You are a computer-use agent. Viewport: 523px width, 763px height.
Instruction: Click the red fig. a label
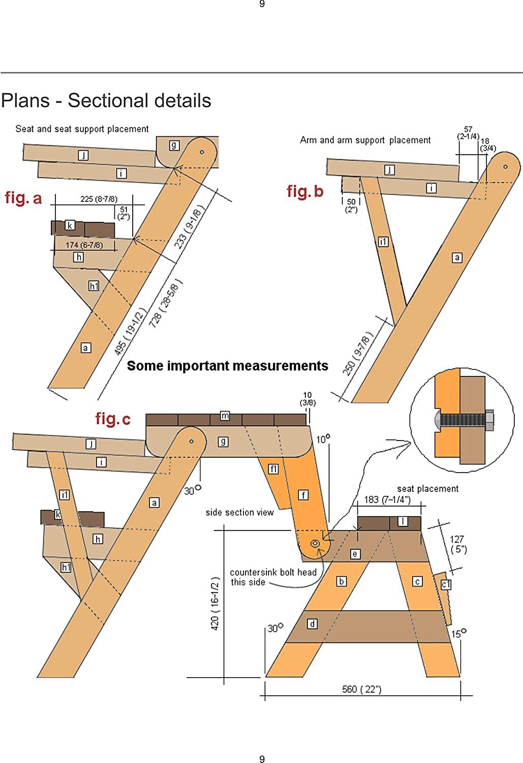click(x=23, y=198)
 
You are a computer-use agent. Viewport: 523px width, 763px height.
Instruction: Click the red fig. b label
click(x=305, y=191)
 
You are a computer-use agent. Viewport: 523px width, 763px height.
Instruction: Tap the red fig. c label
click(x=113, y=419)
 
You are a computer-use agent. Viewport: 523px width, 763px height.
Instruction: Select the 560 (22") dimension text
click(x=361, y=689)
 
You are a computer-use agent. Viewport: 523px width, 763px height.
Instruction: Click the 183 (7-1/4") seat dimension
click(x=387, y=500)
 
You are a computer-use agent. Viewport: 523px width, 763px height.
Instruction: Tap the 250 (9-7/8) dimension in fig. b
click(x=358, y=354)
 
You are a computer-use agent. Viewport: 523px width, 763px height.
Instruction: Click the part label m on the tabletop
click(x=225, y=416)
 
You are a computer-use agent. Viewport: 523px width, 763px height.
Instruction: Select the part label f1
click(x=273, y=469)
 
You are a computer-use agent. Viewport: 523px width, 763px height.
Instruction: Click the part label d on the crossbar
click(x=312, y=624)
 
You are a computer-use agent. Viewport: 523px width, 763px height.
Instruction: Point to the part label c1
click(x=446, y=584)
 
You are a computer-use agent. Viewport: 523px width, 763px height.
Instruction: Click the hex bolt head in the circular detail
click(x=489, y=421)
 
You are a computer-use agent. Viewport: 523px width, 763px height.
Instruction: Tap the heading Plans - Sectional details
click(x=106, y=101)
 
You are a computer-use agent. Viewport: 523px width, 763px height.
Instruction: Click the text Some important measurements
click(x=227, y=366)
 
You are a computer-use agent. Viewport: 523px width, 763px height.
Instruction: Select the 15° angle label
click(x=458, y=633)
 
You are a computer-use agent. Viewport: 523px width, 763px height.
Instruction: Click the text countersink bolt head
click(x=273, y=572)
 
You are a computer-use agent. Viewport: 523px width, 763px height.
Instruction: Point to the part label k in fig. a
click(x=70, y=225)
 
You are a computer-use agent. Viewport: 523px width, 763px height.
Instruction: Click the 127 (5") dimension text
click(x=457, y=544)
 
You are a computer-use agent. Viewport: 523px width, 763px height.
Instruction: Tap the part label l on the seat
click(x=403, y=521)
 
